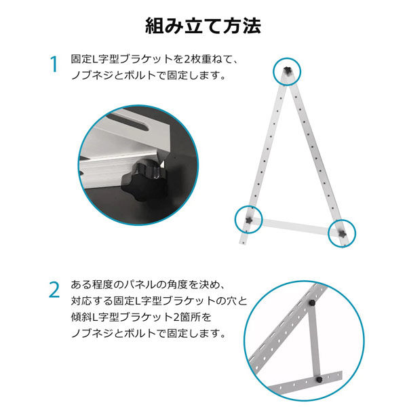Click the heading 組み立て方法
(x=203, y=26)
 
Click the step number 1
(x=54, y=65)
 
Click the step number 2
(x=54, y=290)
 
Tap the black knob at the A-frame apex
(x=287, y=71)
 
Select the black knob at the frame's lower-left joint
(x=250, y=220)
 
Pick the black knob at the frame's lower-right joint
(x=341, y=232)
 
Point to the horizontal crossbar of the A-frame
(x=295, y=226)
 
